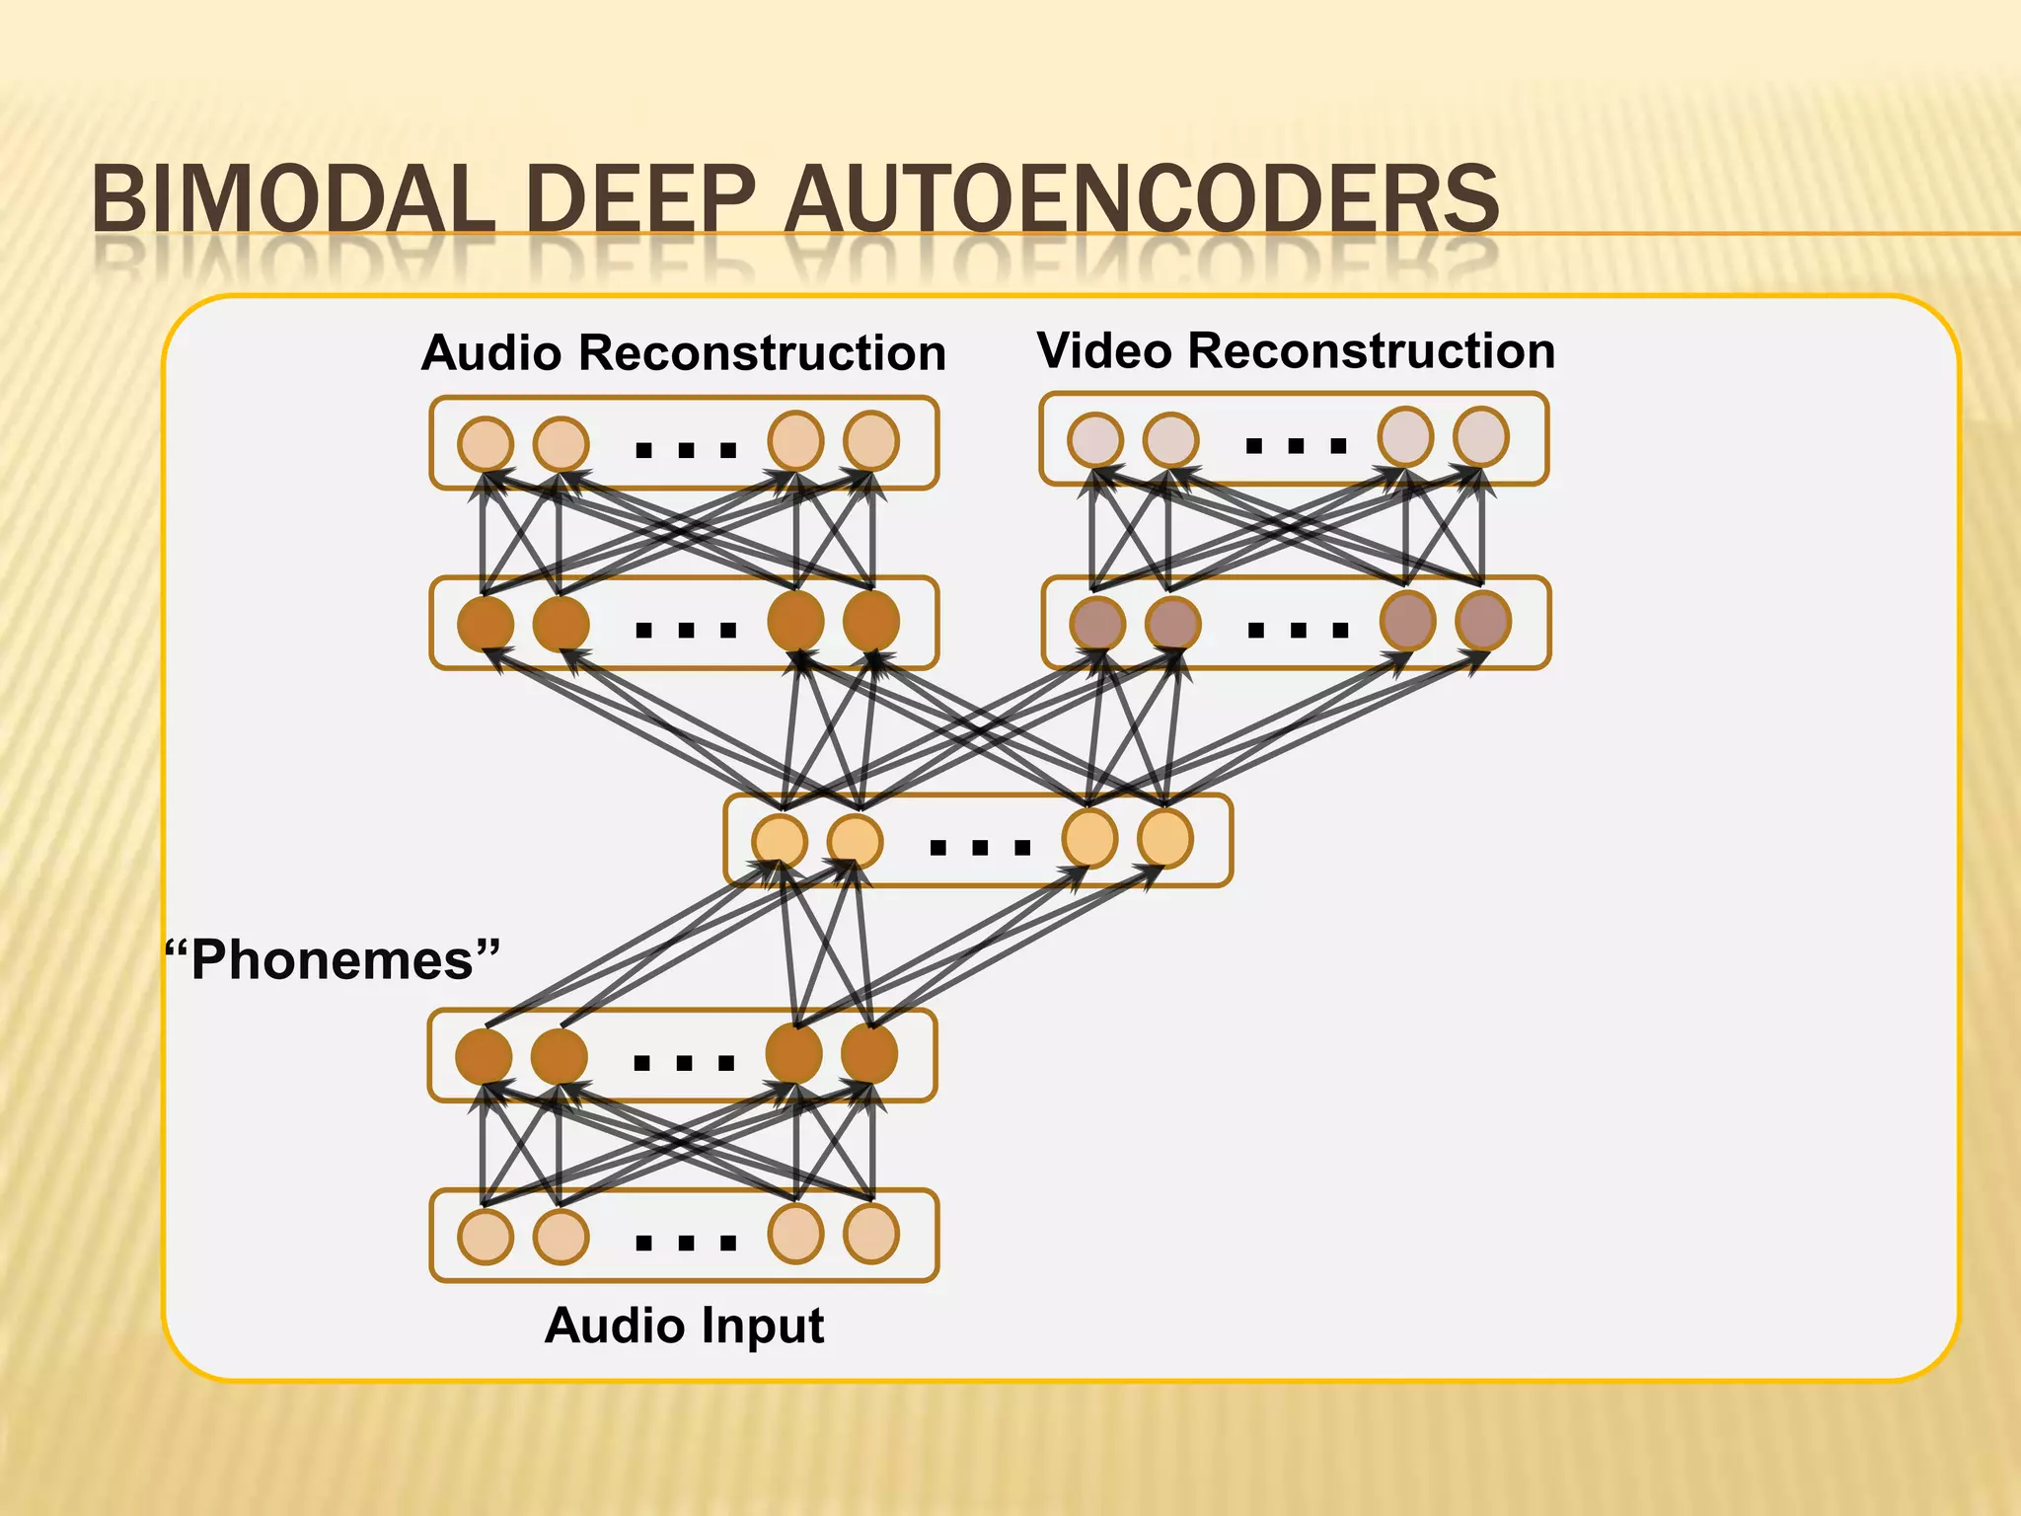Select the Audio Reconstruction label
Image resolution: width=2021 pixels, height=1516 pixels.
[683, 352]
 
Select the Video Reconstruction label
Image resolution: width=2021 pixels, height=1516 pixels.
[1296, 350]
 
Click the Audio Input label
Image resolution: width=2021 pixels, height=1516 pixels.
[683, 1325]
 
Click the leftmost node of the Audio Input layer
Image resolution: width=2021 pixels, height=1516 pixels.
[485, 1236]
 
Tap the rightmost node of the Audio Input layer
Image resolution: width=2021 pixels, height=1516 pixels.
[871, 1234]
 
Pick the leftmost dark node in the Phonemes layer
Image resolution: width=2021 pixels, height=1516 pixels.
[484, 1057]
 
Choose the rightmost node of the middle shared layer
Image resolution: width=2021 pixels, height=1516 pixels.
[1165, 838]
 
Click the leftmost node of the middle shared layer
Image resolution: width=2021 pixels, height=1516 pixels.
[780, 842]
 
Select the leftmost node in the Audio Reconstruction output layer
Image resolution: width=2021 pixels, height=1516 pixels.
[486, 443]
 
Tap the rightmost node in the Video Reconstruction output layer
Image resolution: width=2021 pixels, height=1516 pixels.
[1481, 436]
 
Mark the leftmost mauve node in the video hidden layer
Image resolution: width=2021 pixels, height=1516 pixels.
[1097, 624]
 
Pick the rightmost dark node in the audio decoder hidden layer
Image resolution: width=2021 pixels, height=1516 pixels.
[871, 621]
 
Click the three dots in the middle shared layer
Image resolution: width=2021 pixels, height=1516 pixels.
[980, 847]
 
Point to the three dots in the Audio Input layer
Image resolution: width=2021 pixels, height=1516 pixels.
[686, 1243]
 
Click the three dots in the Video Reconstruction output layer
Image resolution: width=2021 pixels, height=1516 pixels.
[1296, 446]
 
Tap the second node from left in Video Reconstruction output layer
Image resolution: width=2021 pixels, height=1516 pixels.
[1170, 439]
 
